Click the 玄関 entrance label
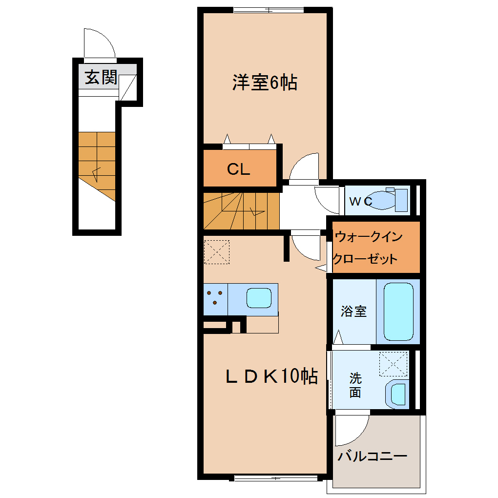pyautogui.click(x=101, y=77)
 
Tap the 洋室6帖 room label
pyautogui.click(x=265, y=83)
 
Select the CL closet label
pyautogui.click(x=239, y=169)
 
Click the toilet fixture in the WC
pyautogui.click(x=388, y=200)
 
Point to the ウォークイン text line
pyautogui.click(x=369, y=237)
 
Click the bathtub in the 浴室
pyautogui.click(x=398, y=311)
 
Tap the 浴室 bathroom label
pyautogui.click(x=354, y=311)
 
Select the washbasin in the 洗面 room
pyautogui.click(x=396, y=394)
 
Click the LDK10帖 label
pyautogui.click(x=271, y=376)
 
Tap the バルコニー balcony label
pyautogui.click(x=372, y=456)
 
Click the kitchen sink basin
pyautogui.click(x=259, y=298)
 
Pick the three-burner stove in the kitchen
pyautogui.click(x=215, y=299)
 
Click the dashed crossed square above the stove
pyautogui.click(x=217, y=252)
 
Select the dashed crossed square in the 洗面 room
pyautogui.click(x=393, y=364)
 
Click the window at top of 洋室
pyautogui.click(x=269, y=10)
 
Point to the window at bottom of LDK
pyautogui.click(x=276, y=478)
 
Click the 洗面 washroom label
pyautogui.click(x=355, y=385)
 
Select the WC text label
pyautogui.click(x=361, y=201)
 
